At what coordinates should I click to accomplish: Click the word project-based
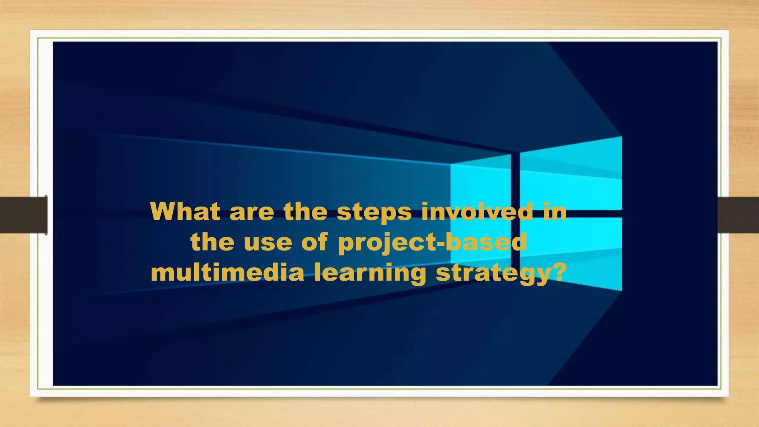(432, 243)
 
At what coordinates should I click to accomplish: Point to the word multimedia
(227, 273)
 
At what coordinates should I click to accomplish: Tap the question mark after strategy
(557, 273)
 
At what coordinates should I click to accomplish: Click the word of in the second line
(314, 242)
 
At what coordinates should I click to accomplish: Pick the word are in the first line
(252, 212)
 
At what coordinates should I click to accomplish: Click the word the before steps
(305, 212)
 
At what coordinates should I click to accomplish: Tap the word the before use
(212, 242)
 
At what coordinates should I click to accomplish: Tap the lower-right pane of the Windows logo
(571, 252)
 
